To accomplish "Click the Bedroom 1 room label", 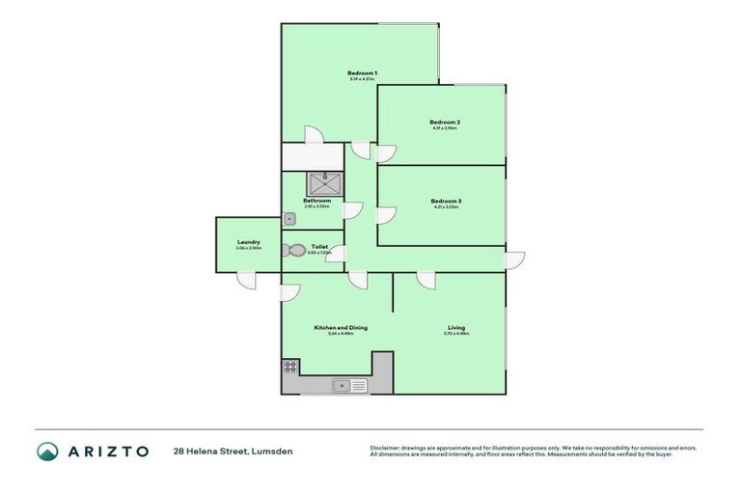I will tap(362, 73).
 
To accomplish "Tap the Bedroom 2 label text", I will tap(444, 123).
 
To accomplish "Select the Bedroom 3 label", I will tap(445, 201).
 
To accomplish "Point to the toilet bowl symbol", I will tap(295, 250).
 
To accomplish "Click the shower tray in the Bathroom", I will tap(324, 183).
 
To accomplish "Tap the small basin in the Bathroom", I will tap(288, 219).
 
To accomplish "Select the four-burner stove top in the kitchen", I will tap(289, 367).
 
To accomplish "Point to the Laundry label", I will tap(248, 242).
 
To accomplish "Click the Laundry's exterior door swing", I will tap(247, 280).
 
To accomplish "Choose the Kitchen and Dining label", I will tap(340, 327).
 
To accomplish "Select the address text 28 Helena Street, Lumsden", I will tap(233, 451).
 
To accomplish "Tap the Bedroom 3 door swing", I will tap(386, 215).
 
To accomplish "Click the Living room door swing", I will tap(425, 280).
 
